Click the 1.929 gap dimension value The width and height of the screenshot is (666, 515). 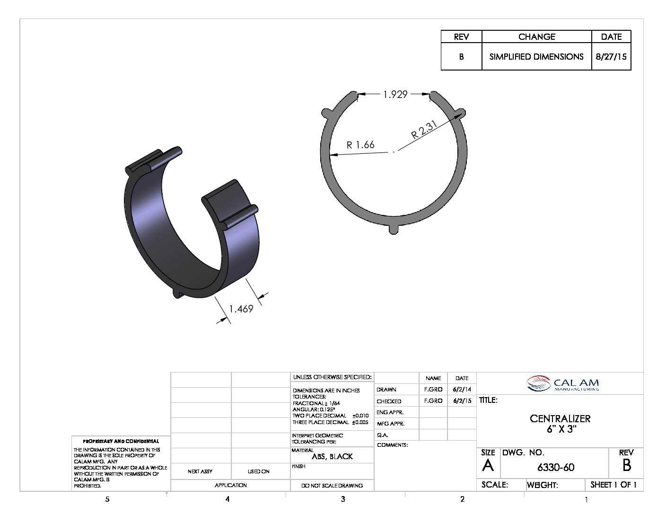(395, 95)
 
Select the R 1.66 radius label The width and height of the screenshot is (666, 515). (360, 145)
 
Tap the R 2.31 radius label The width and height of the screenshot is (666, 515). (424, 130)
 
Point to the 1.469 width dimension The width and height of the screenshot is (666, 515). (241, 309)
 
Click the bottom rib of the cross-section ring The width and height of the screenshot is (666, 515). (394, 229)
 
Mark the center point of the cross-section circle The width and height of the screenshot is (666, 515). (394, 152)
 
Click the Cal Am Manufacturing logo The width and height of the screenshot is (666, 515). (562, 383)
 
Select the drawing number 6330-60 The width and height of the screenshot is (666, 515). (556, 467)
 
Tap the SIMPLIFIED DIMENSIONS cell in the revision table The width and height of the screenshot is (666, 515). (536, 57)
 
